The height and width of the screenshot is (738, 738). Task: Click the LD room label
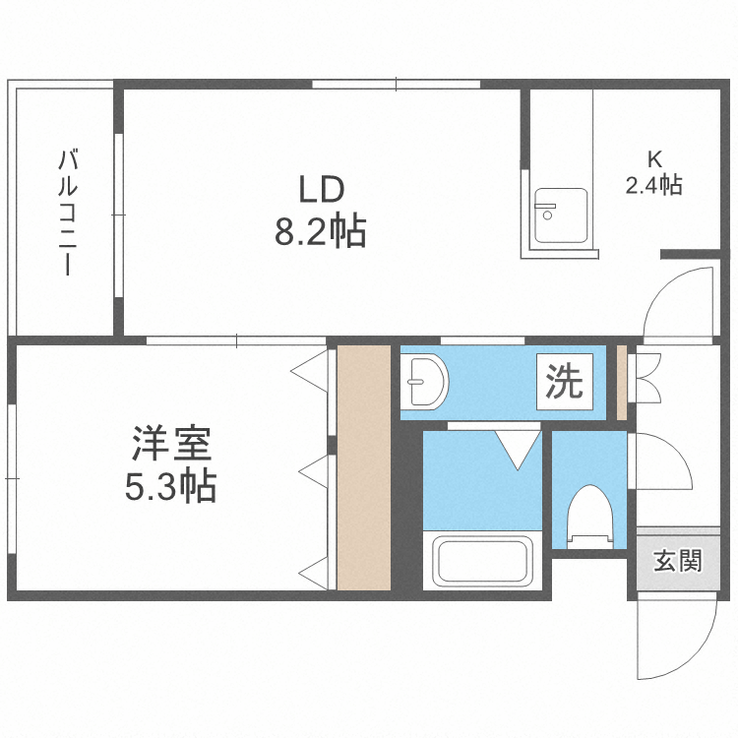(x=320, y=187)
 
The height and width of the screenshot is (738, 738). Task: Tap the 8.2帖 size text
(x=320, y=232)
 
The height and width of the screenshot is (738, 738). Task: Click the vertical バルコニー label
(x=67, y=212)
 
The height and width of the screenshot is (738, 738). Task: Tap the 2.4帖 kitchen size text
(x=653, y=184)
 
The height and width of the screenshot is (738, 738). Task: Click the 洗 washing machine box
(x=564, y=382)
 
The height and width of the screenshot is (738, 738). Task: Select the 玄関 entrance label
(x=678, y=562)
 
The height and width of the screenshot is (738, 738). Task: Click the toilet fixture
(x=590, y=514)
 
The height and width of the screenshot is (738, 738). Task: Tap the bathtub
(x=483, y=561)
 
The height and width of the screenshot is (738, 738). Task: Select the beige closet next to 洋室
(x=364, y=467)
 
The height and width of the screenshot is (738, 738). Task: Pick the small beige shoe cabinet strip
(x=622, y=380)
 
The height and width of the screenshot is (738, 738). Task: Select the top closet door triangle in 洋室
(x=310, y=371)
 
